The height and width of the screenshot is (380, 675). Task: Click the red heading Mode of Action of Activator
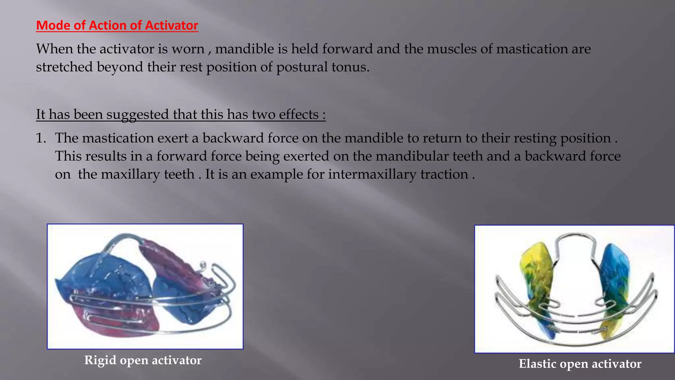[x=117, y=25]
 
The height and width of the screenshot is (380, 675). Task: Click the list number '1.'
[x=41, y=138]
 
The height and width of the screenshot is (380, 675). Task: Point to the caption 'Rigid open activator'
[x=143, y=360]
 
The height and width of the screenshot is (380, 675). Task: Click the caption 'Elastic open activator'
[x=580, y=364]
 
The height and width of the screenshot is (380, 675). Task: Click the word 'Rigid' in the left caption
[x=100, y=360]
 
